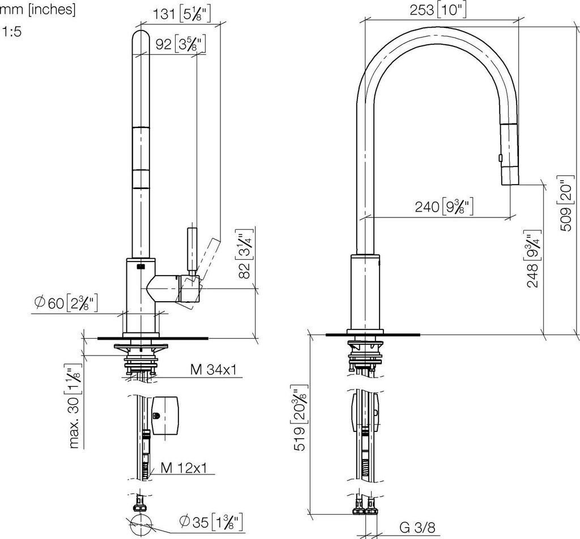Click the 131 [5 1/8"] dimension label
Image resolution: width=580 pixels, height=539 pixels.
coord(182,14)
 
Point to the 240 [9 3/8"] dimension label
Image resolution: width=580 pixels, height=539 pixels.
coord(443,207)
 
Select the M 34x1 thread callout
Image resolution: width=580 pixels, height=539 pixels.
coord(213,370)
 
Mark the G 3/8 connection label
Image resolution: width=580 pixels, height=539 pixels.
coord(417,528)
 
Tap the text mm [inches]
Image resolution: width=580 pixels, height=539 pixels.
coord(38,10)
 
